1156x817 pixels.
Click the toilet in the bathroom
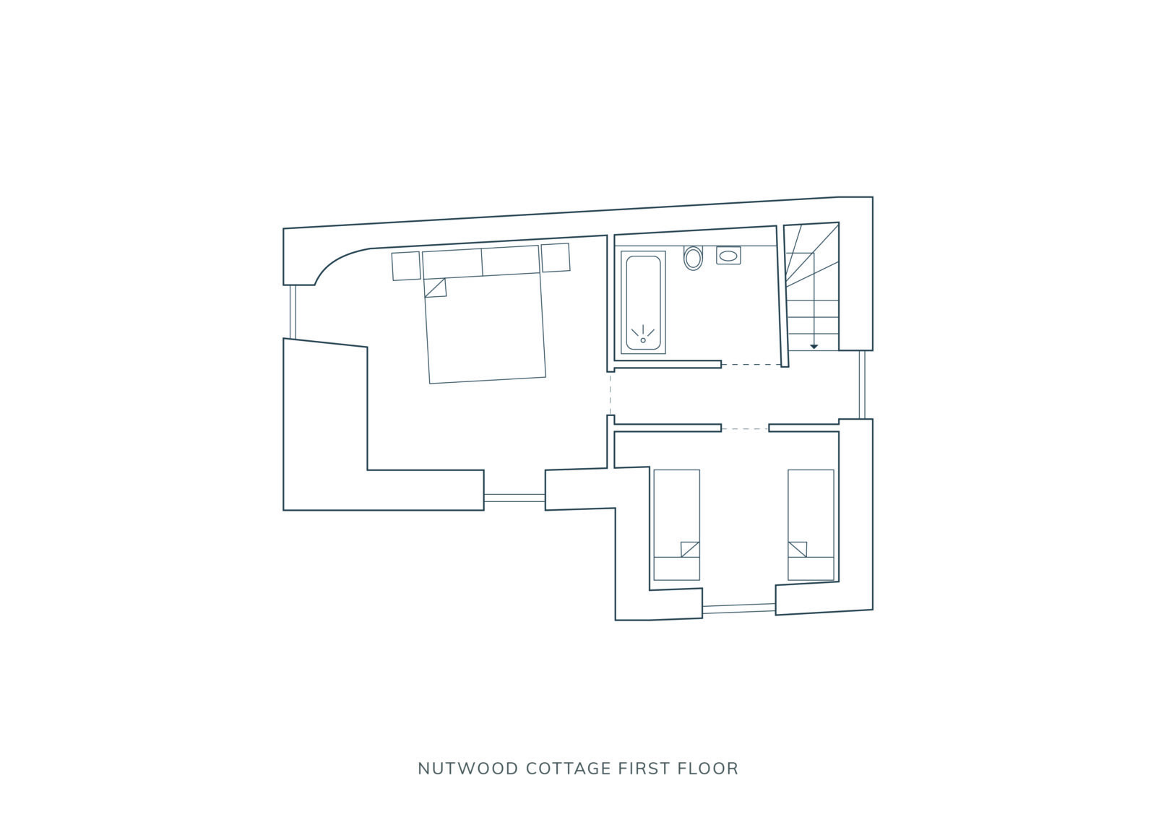[693, 258]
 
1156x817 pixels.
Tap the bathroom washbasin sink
[728, 256]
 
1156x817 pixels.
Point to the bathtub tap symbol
[643, 334]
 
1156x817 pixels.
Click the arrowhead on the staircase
[814, 347]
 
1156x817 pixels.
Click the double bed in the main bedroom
[484, 325]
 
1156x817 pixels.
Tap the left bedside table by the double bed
[406, 266]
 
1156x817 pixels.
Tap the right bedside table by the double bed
[556, 258]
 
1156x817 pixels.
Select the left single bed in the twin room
[676, 524]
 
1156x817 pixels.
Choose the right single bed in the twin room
[811, 524]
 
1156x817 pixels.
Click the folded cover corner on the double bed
[436, 288]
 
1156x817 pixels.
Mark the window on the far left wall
[293, 311]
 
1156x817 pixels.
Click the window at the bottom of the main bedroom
[514, 498]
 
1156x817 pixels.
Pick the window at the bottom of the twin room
[738, 609]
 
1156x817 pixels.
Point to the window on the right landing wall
[862, 384]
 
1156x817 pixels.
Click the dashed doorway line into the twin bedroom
[744, 429]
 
